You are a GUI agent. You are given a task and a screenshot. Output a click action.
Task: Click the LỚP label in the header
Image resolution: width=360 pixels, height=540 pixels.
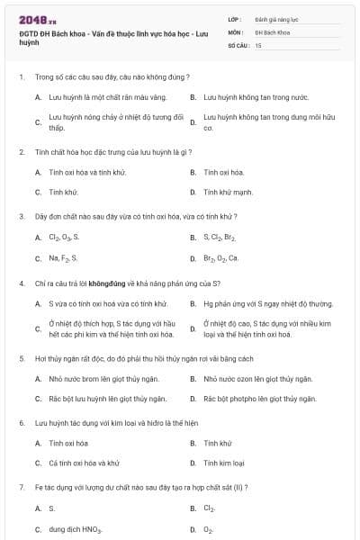tap(235, 17)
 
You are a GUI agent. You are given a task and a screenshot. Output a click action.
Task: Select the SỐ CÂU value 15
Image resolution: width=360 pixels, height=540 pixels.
tap(258, 44)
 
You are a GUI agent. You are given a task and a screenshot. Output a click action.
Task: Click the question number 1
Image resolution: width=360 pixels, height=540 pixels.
tap(21, 77)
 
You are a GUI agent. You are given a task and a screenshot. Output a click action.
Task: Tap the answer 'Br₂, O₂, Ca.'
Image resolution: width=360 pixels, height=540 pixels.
tap(220, 258)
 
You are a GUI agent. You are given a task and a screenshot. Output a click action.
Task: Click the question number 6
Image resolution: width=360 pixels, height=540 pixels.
tap(21, 422)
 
